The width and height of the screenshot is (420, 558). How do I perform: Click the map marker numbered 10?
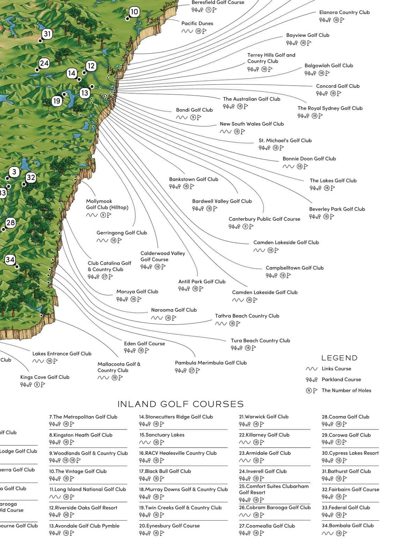point(134,12)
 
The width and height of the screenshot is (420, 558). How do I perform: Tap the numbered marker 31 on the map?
point(47,34)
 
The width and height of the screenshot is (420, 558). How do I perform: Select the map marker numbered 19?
point(57,101)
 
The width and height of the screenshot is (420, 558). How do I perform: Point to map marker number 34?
point(10,260)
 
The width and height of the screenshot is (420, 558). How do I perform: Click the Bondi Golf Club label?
point(194,110)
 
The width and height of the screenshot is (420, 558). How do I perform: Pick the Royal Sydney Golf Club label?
point(330,108)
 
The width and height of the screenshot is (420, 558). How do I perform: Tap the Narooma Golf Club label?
point(174,310)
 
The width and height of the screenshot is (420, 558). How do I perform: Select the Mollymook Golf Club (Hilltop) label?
point(107,204)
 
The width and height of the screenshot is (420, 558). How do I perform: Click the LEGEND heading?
point(339,358)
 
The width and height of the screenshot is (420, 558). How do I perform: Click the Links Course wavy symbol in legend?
point(311,369)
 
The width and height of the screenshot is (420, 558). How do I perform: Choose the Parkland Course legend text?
point(341,379)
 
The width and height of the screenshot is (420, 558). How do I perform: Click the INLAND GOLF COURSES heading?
point(180,404)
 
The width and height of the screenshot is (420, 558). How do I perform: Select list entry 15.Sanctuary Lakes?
point(162,435)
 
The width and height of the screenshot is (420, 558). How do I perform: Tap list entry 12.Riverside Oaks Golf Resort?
point(83,507)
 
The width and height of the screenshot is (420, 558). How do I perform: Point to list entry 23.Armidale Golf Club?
point(265,453)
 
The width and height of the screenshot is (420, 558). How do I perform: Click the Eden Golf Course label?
point(144,344)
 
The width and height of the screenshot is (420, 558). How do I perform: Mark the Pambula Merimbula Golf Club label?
point(211,363)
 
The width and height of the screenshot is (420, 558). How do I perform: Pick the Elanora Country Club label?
point(344,12)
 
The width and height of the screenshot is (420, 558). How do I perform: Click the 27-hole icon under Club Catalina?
point(104,277)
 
